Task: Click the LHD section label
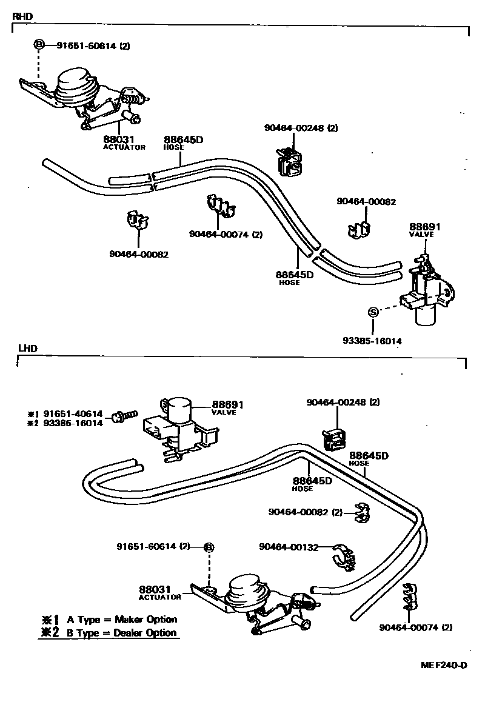pos(27,349)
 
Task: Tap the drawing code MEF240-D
pos(444,665)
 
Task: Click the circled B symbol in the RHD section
pos(39,44)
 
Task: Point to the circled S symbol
pos(373,312)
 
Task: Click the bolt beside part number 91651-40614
pos(124,416)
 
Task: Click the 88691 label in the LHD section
pos(227,404)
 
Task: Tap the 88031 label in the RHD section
pos(118,139)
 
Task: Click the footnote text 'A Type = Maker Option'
pos(121,620)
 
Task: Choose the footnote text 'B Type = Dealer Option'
pos(121,633)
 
